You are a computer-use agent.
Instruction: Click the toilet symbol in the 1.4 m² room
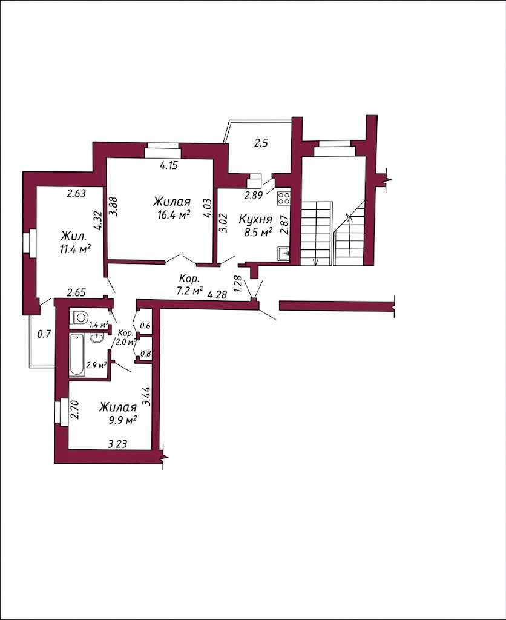tap(79, 317)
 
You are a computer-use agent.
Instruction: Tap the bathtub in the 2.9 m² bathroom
tap(77, 355)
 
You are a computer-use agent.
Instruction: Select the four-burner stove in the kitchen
tap(283, 198)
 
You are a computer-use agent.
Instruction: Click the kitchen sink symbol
tap(283, 254)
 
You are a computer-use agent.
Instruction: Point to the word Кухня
tap(256, 219)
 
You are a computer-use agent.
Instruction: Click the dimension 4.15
tap(169, 165)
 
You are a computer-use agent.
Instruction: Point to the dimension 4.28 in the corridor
tap(217, 294)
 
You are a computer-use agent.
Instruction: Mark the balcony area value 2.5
tap(261, 143)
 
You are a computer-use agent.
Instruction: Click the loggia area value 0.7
tap(44, 334)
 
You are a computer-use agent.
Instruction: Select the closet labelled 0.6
tap(145, 326)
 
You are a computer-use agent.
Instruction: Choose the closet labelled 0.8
tap(145, 354)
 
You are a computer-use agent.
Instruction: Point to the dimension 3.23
tap(117, 444)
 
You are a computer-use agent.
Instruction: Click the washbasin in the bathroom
tap(96, 338)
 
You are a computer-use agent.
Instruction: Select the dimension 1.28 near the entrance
tap(238, 284)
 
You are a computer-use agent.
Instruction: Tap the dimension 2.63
tap(76, 193)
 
